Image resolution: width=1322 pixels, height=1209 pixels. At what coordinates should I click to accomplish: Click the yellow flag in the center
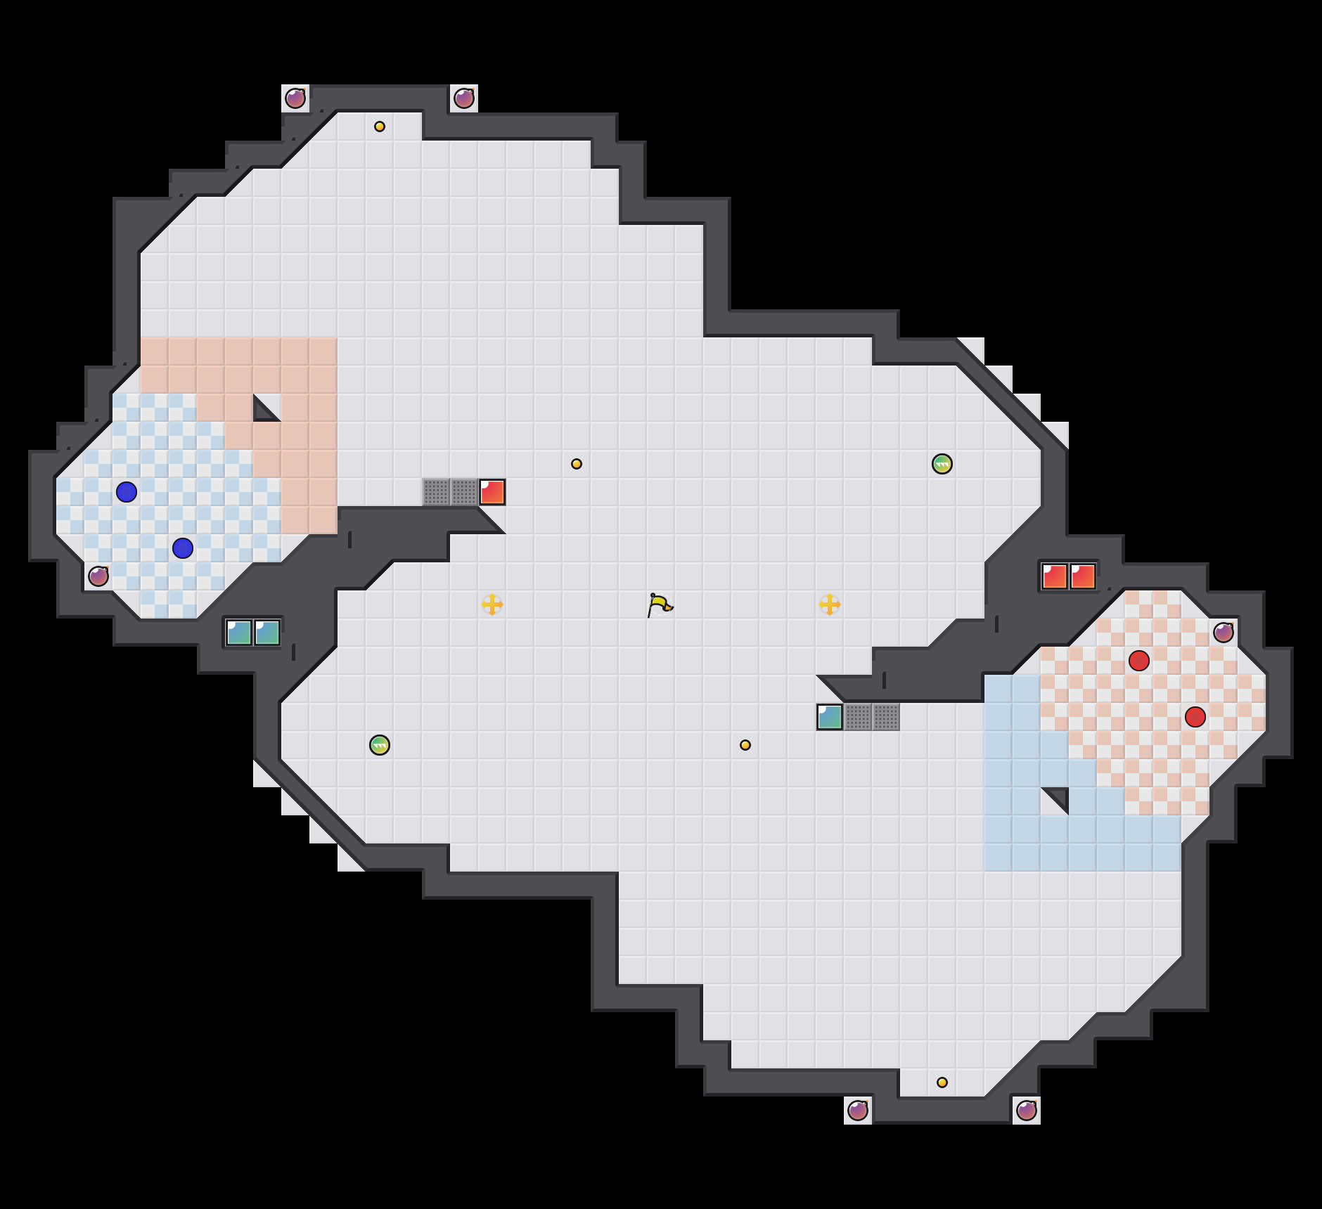point(660,604)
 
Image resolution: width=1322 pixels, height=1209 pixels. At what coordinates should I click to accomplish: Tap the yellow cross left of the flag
point(492,604)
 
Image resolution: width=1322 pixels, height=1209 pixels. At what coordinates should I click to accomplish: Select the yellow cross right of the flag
point(830,604)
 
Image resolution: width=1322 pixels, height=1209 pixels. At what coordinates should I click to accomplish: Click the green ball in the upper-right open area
point(942,464)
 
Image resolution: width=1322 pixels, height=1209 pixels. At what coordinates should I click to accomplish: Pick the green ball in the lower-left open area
point(380,745)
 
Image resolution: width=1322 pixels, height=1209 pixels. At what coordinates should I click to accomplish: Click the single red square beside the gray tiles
point(492,492)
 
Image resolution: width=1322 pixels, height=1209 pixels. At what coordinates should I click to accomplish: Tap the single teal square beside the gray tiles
point(830,717)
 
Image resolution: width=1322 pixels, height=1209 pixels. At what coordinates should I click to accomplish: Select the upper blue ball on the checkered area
point(127,492)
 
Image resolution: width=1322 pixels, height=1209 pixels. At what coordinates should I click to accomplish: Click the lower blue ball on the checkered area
point(183,548)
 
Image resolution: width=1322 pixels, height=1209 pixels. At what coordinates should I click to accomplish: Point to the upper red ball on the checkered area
point(1139,661)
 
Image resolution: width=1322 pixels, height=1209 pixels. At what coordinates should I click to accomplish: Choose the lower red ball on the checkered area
point(1195,717)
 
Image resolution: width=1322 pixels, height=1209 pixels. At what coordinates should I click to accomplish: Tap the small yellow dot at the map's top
point(380,127)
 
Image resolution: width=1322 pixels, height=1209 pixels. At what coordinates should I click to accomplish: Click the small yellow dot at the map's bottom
point(942,1082)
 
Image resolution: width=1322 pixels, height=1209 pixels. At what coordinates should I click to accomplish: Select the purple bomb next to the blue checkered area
point(98,576)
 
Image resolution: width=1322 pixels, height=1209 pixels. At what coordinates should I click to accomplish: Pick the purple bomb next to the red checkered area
point(1224,633)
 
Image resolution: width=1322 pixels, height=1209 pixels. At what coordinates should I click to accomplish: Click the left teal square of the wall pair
point(239,633)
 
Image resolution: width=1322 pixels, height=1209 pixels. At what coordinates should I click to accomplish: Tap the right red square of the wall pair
point(1083,576)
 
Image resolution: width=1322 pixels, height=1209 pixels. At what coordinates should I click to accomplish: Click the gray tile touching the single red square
point(464,492)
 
